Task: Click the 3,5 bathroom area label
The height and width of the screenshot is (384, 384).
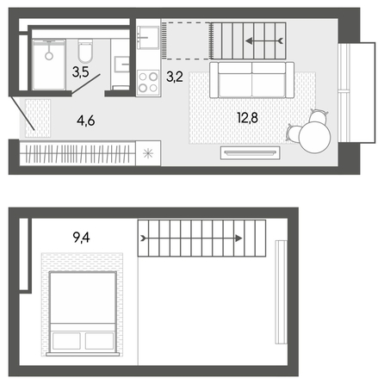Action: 81,71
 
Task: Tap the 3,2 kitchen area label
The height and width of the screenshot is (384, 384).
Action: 175,77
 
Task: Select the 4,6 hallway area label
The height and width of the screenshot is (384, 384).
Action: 85,121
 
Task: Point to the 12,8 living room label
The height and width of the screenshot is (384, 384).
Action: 247,118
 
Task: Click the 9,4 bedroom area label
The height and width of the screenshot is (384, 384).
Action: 81,238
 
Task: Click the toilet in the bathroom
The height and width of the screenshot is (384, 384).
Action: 85,51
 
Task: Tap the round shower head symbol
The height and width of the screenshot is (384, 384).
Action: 49,56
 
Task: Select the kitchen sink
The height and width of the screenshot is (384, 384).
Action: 148,37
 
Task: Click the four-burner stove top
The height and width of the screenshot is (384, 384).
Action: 148,82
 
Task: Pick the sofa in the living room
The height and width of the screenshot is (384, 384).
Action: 251,80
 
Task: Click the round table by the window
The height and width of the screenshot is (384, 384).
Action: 314,137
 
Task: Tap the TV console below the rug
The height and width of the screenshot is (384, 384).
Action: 250,152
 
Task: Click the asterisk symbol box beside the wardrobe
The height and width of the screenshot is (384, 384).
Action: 148,153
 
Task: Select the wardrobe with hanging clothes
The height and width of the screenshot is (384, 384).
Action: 77,154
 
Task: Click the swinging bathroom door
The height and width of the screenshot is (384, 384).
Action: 86,84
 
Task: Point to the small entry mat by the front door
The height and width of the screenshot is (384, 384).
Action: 38,118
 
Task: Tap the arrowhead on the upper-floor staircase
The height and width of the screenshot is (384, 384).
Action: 238,238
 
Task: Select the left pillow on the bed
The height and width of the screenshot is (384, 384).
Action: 66,341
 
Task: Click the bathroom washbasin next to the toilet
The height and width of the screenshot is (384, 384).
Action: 122,64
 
